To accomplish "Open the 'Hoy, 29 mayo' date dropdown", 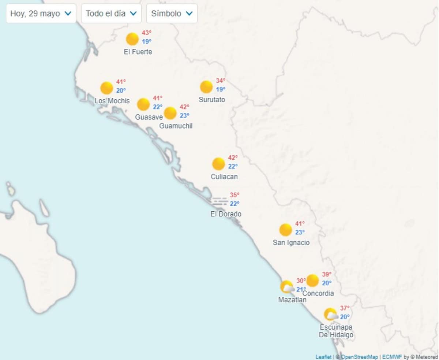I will pyautogui.click(x=41, y=14).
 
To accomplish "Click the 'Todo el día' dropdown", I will pyautogui.click(x=111, y=14).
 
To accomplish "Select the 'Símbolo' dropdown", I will pyautogui.click(x=172, y=14).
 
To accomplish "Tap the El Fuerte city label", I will pyautogui.click(x=138, y=52).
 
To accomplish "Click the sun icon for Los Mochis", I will pyautogui.click(x=106, y=88).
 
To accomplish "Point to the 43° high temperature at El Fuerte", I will pyautogui.click(x=147, y=33).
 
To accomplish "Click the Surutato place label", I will pyautogui.click(x=212, y=100).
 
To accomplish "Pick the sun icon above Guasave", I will pyautogui.click(x=143, y=104).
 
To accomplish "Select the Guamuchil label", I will pyautogui.click(x=176, y=126).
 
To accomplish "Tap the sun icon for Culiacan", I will pyautogui.click(x=218, y=164).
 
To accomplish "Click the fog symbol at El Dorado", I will pyautogui.click(x=220, y=201).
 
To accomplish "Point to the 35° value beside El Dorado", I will pyautogui.click(x=234, y=195).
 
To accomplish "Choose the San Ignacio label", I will pyautogui.click(x=291, y=242).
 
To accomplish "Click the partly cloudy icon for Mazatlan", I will pyautogui.click(x=287, y=287).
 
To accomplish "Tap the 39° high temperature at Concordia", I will pyautogui.click(x=327, y=274).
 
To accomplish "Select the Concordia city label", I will pyautogui.click(x=318, y=293).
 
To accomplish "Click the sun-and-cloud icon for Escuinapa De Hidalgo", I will pyautogui.click(x=331, y=315).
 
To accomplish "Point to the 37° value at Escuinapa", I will pyautogui.click(x=345, y=308).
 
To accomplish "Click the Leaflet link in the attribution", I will pyautogui.click(x=323, y=357).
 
